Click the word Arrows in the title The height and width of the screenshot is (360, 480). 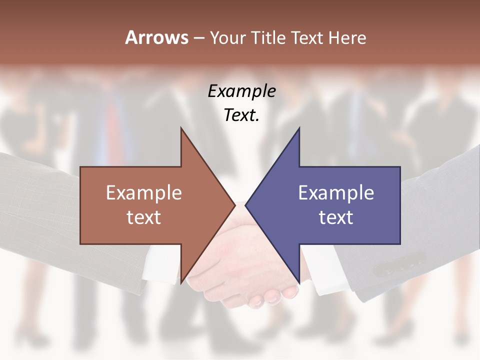click(x=156, y=37)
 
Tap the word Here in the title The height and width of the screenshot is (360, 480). click(x=347, y=37)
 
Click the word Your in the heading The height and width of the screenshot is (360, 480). click(x=227, y=37)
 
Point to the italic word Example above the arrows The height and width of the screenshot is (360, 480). click(x=241, y=91)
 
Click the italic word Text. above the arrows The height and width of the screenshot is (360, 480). click(x=241, y=115)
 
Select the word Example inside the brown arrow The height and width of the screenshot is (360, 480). click(x=144, y=193)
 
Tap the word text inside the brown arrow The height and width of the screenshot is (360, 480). click(x=144, y=217)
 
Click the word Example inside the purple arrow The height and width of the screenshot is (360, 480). click(x=336, y=193)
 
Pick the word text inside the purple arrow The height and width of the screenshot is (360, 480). click(x=336, y=217)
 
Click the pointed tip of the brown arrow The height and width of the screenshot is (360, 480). click(x=234, y=205)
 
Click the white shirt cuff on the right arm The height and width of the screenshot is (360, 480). click(x=320, y=270)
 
